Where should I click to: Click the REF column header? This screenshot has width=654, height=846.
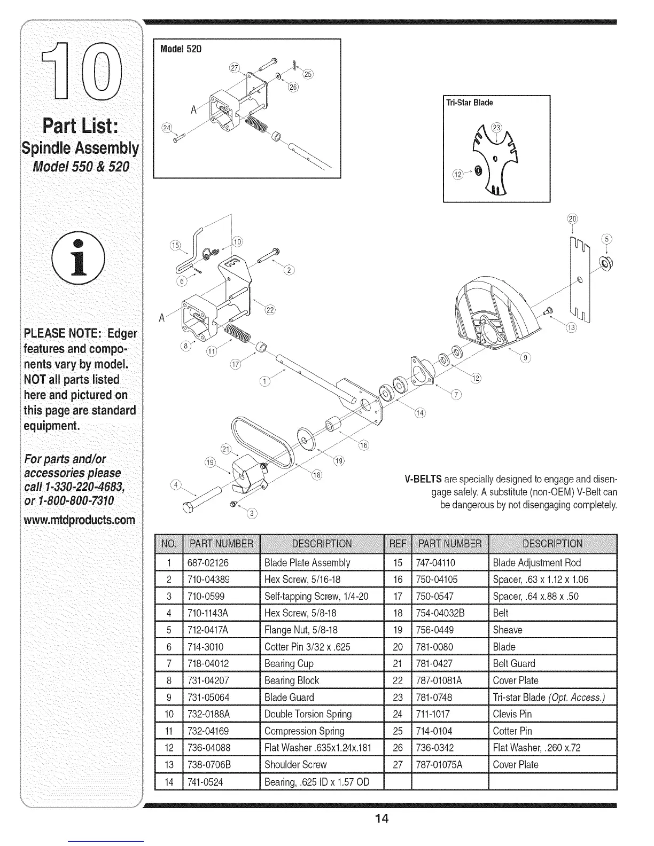click(397, 544)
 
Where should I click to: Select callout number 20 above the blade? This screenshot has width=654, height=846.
click(572, 218)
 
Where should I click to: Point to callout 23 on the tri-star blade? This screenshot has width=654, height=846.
click(497, 128)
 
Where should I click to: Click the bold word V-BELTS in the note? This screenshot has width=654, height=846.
click(425, 479)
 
